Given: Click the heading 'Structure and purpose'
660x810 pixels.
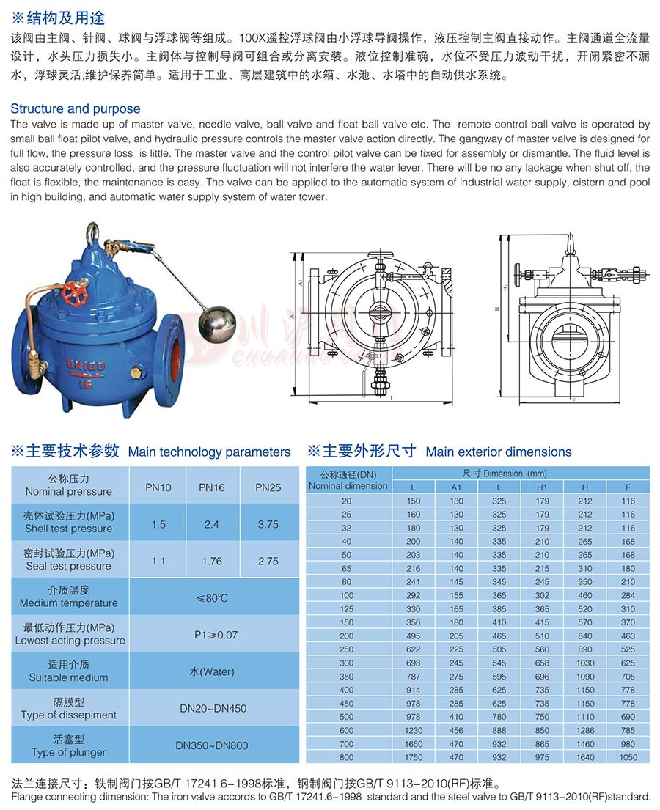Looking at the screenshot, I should (76, 108).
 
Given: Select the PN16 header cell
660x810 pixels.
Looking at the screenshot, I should (212, 487).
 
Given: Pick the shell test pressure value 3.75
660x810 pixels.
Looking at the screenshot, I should (268, 524).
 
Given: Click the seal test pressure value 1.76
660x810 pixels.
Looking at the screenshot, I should (212, 561).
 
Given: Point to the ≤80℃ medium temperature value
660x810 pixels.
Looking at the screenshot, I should (212, 598).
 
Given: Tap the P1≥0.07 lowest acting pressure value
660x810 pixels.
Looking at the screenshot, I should (212, 635).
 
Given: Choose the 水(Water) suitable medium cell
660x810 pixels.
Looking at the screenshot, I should (212, 672).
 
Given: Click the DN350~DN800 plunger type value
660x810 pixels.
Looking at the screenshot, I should (212, 745).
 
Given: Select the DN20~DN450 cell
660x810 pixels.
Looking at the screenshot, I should (212, 709).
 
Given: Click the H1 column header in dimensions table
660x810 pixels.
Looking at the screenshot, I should (543, 487).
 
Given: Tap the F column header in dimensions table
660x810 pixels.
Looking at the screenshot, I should (628, 487).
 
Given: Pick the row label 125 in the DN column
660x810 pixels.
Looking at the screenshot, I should (347, 609).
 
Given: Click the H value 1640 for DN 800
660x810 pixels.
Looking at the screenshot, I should (585, 757).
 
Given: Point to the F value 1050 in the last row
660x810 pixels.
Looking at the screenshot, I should (628, 757).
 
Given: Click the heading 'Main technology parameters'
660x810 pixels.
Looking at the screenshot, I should (209, 452).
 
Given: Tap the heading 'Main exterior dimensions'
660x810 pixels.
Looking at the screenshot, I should (499, 452).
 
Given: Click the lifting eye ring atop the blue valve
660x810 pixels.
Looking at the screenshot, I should (93, 232).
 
